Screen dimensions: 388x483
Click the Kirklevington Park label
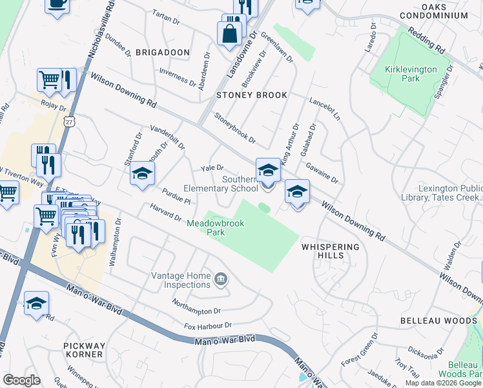[x=411, y=74]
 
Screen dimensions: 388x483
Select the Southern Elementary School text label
[x=221, y=184]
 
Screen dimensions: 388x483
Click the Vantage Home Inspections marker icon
[x=221, y=279]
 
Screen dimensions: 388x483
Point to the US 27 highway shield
[x=69, y=121]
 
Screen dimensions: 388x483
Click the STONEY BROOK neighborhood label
[x=251, y=95]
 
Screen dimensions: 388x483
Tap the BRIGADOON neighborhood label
[x=163, y=52]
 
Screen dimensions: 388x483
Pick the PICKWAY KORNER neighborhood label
[x=84, y=350]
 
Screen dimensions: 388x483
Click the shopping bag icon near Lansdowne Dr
[x=229, y=33]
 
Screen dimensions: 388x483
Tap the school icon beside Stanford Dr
[x=142, y=174]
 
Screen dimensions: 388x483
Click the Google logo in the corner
[x=21, y=380]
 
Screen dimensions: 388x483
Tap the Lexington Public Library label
[x=449, y=193]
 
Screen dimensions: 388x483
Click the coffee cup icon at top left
[x=57, y=3]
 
